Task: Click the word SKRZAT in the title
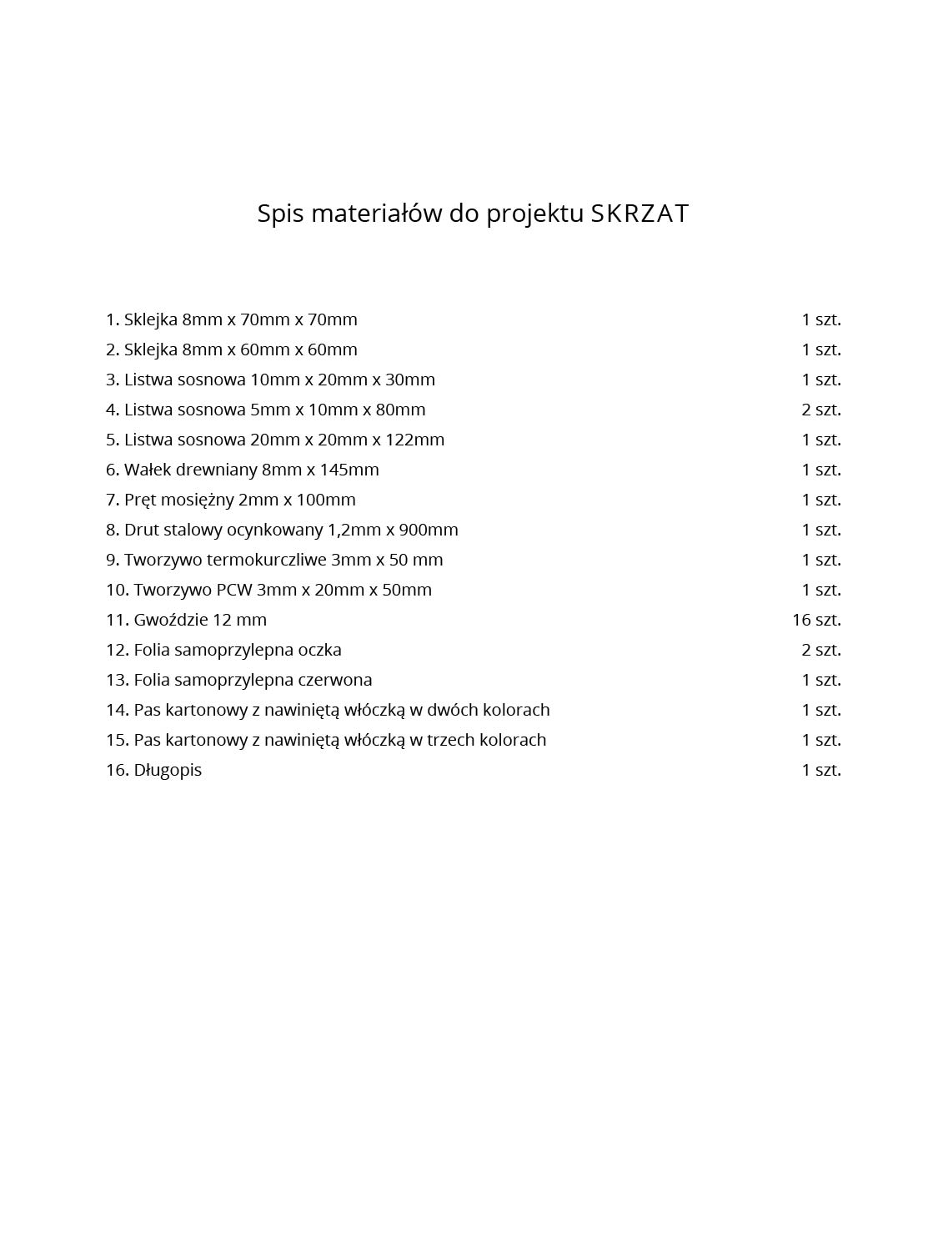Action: [x=640, y=214]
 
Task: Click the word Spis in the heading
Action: [x=278, y=214]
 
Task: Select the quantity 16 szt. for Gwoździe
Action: [x=816, y=620]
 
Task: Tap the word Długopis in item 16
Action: [x=168, y=771]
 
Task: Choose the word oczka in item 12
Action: [x=319, y=650]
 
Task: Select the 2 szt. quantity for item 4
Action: [x=821, y=410]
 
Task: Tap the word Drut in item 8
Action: [x=142, y=530]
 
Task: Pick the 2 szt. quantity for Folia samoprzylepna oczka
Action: [x=821, y=650]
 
